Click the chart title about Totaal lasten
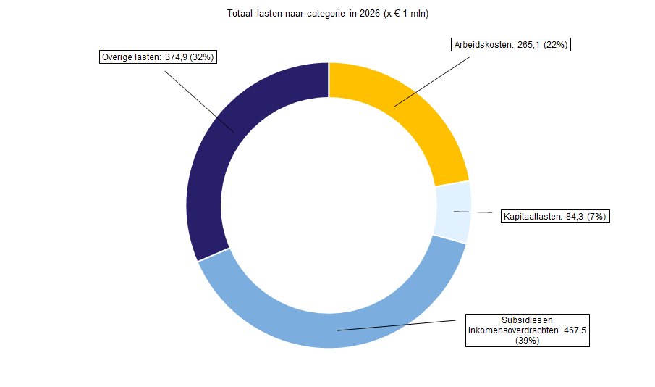327,13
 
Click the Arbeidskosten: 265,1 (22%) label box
511,45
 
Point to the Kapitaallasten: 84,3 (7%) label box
555,216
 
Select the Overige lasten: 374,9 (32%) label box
158,57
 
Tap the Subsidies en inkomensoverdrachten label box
528,330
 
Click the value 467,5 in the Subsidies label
575,330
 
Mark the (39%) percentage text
528,341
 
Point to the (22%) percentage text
556,45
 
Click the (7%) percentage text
596,216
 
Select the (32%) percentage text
202,57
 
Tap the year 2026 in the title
370,13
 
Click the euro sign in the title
397,13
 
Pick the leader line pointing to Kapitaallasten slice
473,212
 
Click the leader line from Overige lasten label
199,101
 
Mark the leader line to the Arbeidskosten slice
432,82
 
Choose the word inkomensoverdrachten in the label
514,330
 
